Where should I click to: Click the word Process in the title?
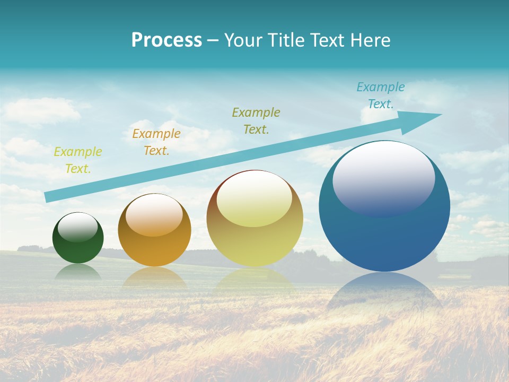(x=166, y=40)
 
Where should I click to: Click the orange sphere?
(x=154, y=249)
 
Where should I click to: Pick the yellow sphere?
(x=254, y=244)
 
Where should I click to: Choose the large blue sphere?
(x=384, y=239)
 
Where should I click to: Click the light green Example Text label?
(x=78, y=160)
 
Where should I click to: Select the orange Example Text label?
(x=156, y=142)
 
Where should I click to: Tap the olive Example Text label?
(x=256, y=120)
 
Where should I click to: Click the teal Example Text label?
(x=381, y=95)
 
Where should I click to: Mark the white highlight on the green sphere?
(x=78, y=227)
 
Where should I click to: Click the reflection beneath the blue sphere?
(x=384, y=292)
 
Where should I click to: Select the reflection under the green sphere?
(x=78, y=272)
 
